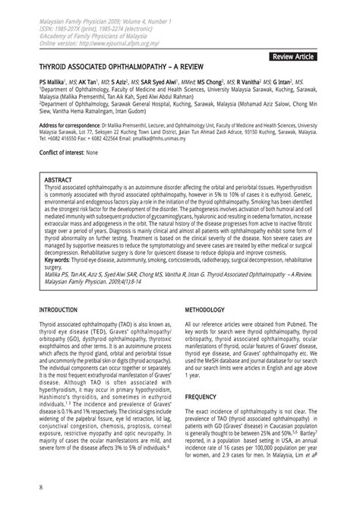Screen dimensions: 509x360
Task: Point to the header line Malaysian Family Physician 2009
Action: [x=91, y=11]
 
